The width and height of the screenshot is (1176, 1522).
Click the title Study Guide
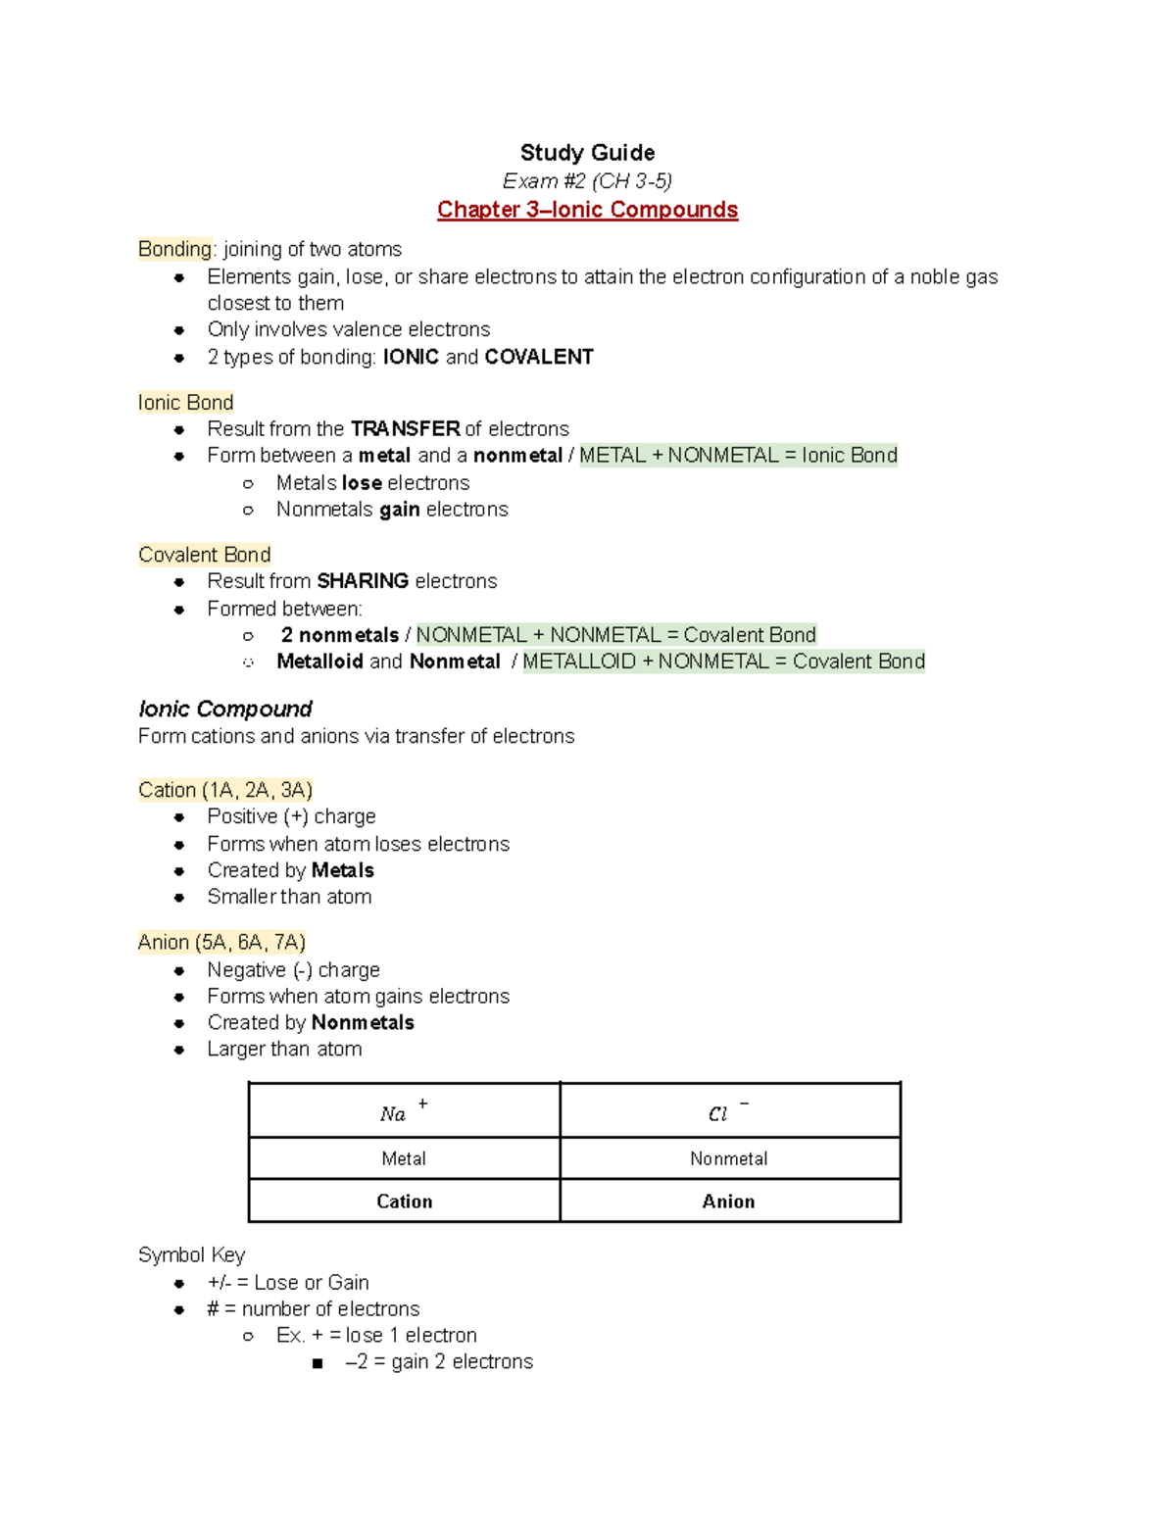click(x=587, y=153)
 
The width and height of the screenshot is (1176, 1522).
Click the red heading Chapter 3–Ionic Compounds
click(x=587, y=210)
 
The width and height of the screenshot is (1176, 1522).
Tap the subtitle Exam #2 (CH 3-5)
click(x=587, y=181)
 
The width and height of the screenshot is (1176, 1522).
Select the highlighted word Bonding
click(x=174, y=249)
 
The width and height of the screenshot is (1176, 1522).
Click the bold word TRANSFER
click(x=405, y=429)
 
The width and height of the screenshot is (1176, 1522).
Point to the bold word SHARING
click(x=363, y=581)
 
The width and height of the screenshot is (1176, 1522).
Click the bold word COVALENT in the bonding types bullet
click(x=539, y=357)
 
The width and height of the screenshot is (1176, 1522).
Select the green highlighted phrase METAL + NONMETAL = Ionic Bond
click(x=738, y=456)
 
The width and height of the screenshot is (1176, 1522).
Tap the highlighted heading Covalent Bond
click(x=204, y=555)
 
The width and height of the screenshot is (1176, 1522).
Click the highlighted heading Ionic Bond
click(x=185, y=403)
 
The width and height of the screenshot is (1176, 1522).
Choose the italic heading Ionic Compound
click(x=225, y=709)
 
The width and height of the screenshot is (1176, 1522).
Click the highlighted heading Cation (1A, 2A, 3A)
click(x=225, y=790)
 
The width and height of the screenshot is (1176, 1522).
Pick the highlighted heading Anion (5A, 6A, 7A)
click(x=221, y=943)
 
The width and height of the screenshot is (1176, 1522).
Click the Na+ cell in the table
click(x=404, y=1111)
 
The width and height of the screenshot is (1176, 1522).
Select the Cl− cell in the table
click(x=729, y=1111)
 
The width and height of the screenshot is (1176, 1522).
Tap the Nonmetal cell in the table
click(x=729, y=1158)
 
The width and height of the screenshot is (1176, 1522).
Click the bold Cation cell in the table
click(x=404, y=1202)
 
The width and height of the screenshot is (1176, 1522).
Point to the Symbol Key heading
click(x=191, y=1255)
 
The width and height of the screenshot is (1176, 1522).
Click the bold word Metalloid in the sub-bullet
click(x=319, y=662)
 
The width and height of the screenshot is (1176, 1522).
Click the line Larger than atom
click(x=284, y=1050)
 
